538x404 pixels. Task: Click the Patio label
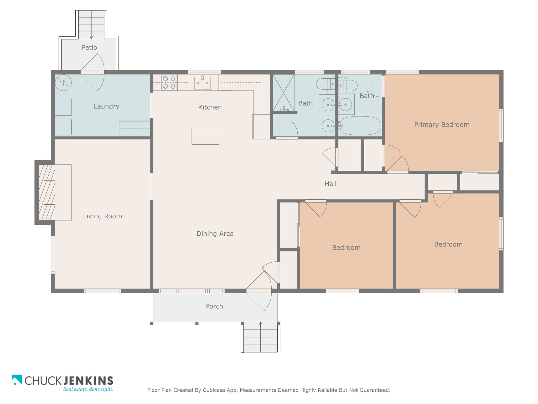click(89, 48)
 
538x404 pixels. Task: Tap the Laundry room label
click(106, 107)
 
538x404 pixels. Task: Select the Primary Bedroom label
click(442, 125)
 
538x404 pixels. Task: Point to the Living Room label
click(102, 216)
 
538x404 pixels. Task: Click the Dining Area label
click(215, 234)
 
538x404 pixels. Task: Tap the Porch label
click(214, 306)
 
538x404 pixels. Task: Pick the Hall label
click(330, 184)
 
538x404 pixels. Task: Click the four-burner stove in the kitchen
click(169, 82)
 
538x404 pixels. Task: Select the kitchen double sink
click(203, 83)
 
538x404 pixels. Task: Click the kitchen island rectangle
click(205, 136)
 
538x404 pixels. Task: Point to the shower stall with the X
click(283, 93)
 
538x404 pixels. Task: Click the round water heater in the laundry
click(63, 83)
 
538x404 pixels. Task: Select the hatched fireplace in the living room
click(47, 193)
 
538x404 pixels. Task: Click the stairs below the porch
click(260, 337)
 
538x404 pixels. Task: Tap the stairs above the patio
click(91, 25)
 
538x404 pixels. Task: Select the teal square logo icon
click(17, 380)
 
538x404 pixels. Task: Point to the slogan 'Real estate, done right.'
click(88, 389)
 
